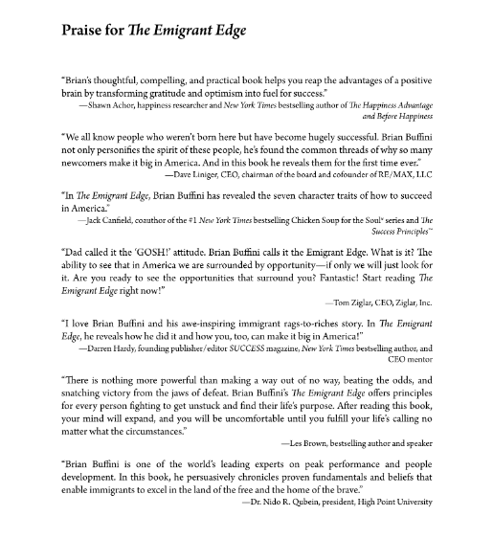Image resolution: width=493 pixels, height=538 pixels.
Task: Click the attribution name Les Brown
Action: point(312,470)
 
